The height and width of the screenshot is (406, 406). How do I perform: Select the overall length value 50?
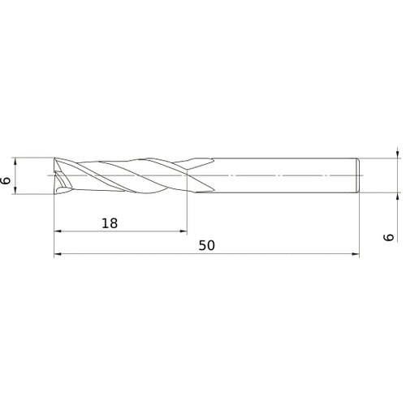206,245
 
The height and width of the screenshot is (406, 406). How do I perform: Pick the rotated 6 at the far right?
388,236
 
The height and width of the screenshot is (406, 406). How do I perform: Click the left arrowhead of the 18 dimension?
58,232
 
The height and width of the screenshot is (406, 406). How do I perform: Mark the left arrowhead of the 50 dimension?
58,255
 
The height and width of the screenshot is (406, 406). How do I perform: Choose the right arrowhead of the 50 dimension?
354,255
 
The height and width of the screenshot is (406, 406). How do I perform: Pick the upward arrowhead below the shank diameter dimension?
397,198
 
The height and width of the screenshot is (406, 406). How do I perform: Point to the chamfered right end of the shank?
357,175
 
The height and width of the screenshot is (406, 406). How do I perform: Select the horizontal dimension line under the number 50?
244,255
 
